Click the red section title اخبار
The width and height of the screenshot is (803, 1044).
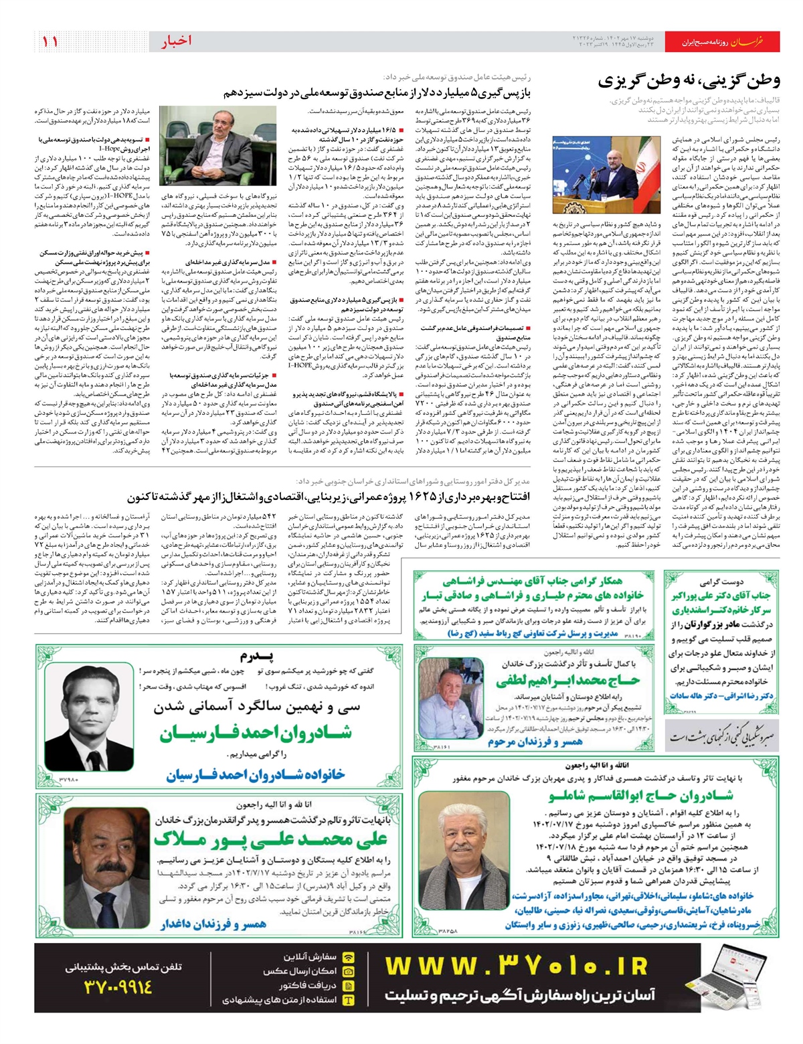(176, 41)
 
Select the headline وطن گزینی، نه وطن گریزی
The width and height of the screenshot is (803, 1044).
(689, 82)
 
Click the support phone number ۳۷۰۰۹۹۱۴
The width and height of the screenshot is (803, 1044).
(118, 986)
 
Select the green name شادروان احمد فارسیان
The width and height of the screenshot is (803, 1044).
(255, 733)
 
